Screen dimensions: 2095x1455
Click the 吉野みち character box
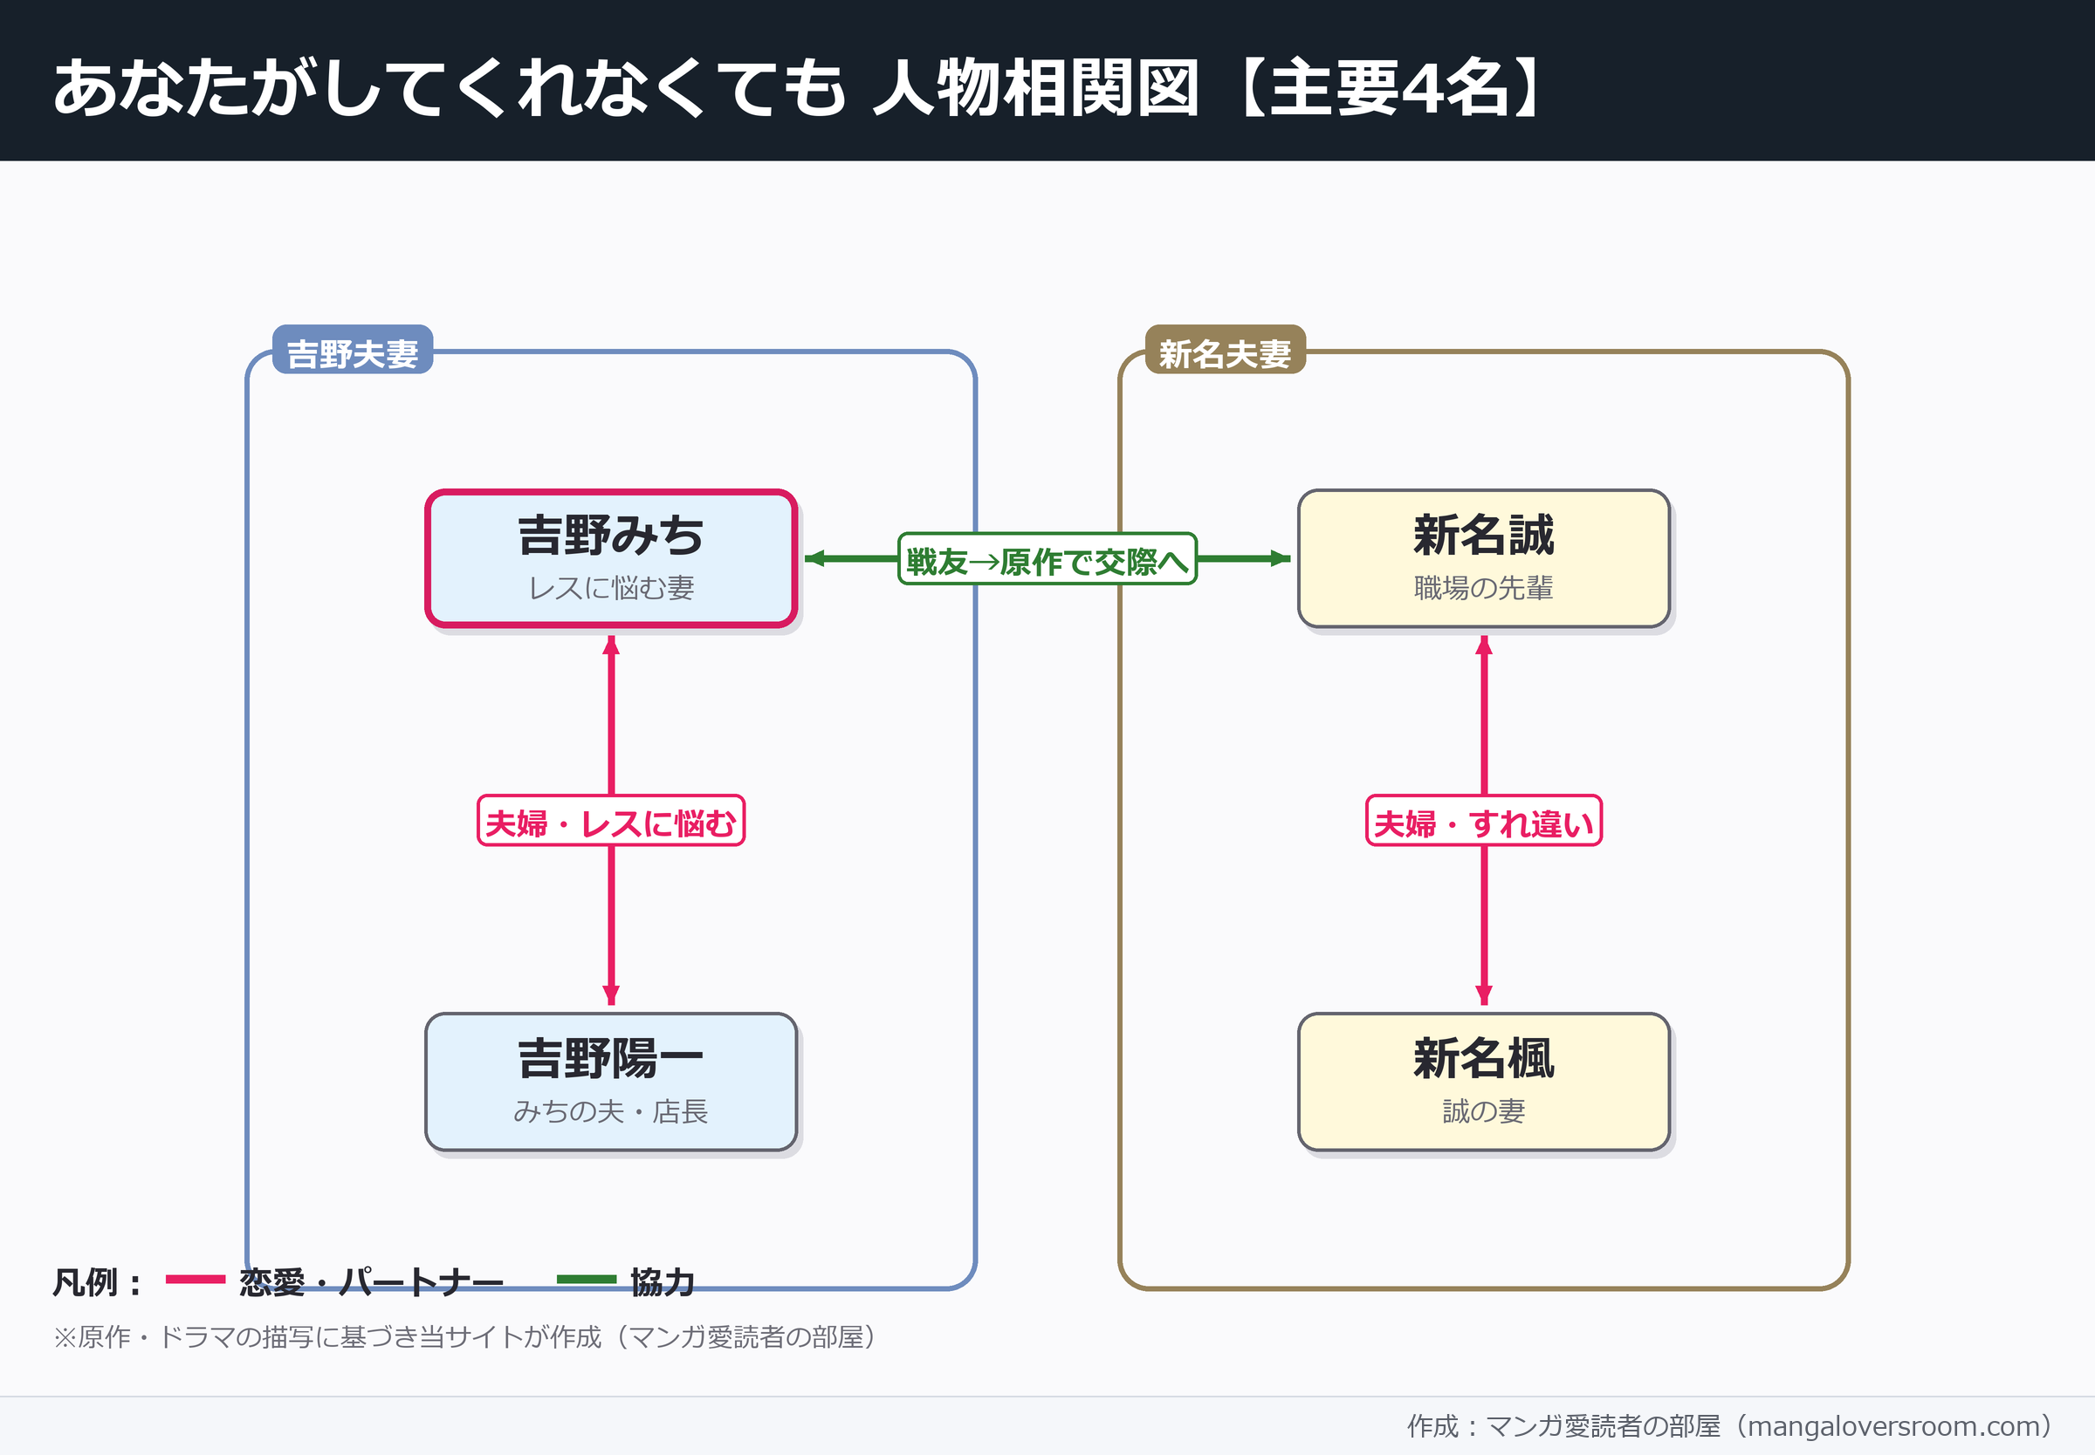611,558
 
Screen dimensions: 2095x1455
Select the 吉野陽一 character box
611,1082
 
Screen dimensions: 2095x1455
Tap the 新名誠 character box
1483,558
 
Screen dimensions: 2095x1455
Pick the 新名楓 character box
1483,1082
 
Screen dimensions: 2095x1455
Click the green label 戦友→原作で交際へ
1047,559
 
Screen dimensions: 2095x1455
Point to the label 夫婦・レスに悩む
611,821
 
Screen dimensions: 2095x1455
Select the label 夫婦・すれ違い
1483,821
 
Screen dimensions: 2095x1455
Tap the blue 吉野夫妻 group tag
353,350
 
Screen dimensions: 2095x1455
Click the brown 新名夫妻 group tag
1225,350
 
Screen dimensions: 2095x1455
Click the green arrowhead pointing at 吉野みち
814,558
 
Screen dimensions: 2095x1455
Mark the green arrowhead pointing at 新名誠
1281,558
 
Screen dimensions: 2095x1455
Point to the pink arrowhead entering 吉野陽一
611,994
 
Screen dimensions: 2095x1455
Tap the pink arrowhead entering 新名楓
1484,994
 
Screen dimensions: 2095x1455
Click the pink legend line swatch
196,1279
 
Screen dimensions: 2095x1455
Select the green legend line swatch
587,1279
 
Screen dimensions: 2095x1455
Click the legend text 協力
663,1281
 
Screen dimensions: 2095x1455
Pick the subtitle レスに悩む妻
611,588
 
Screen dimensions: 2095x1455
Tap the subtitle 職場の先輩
1483,588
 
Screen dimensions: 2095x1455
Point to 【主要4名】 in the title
1390,87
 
